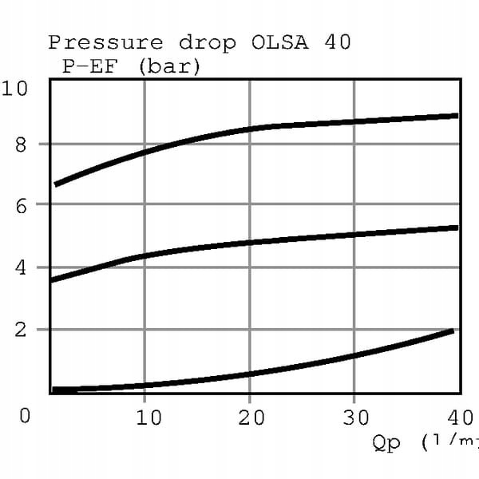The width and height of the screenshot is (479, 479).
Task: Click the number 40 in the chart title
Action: (338, 42)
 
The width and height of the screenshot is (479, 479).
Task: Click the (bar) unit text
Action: (169, 66)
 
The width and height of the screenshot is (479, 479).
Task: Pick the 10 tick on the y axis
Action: (15, 87)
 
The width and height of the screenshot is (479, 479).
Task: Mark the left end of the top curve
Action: (56, 184)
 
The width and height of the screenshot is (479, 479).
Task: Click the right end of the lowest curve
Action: (452, 331)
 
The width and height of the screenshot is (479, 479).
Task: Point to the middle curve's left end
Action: (52, 280)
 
